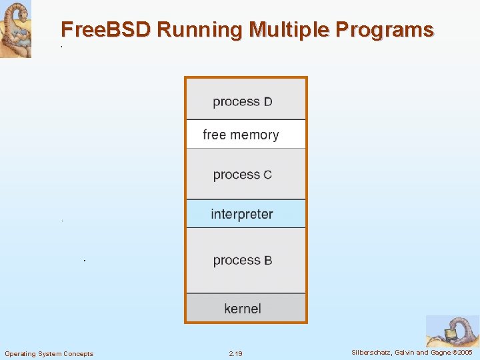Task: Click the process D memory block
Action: pyautogui.click(x=245, y=99)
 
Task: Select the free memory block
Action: pyautogui.click(x=245, y=134)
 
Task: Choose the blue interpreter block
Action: pyautogui.click(x=245, y=214)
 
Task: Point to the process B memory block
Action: pyautogui.click(x=245, y=260)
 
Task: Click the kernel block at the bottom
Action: pyautogui.click(x=245, y=309)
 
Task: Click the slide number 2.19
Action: pyautogui.click(x=235, y=353)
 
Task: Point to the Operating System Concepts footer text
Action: pyautogui.click(x=49, y=353)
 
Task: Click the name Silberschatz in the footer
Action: pyautogui.click(x=372, y=352)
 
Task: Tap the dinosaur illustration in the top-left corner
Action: pyautogui.click(x=15, y=29)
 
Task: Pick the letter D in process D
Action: pyautogui.click(x=267, y=102)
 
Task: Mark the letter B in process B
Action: pyautogui.click(x=267, y=261)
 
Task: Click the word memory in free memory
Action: pyautogui.click(x=255, y=135)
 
